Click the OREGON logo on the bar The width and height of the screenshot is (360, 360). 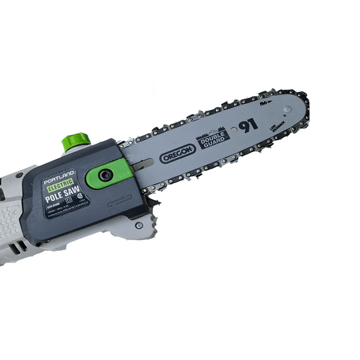178,153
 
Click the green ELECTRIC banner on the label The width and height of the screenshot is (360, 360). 61,184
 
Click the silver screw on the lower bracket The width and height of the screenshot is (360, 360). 139,225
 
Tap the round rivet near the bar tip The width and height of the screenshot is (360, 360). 287,110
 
